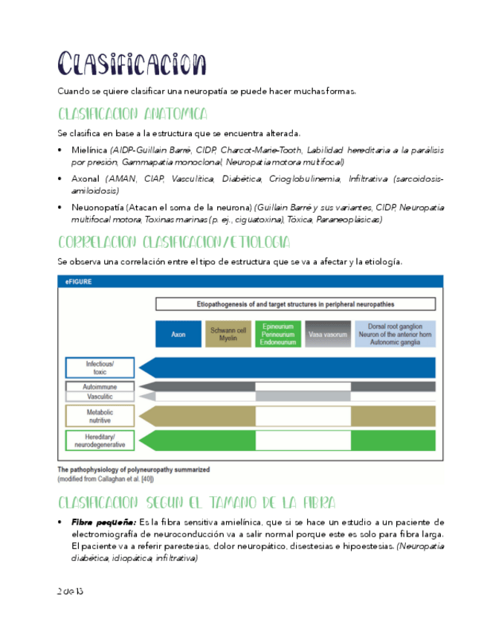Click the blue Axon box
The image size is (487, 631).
178,334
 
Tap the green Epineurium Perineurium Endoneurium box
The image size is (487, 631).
277,334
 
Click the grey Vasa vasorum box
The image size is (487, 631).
328,334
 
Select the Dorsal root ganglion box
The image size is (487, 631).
394,334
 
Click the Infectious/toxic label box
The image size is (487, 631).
100,368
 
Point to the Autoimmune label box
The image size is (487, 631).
100,387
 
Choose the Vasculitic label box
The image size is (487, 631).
100,397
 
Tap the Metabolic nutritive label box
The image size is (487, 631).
100,416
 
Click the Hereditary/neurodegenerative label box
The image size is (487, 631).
100,440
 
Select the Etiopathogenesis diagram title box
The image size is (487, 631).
295,304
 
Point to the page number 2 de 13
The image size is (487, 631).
70,591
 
